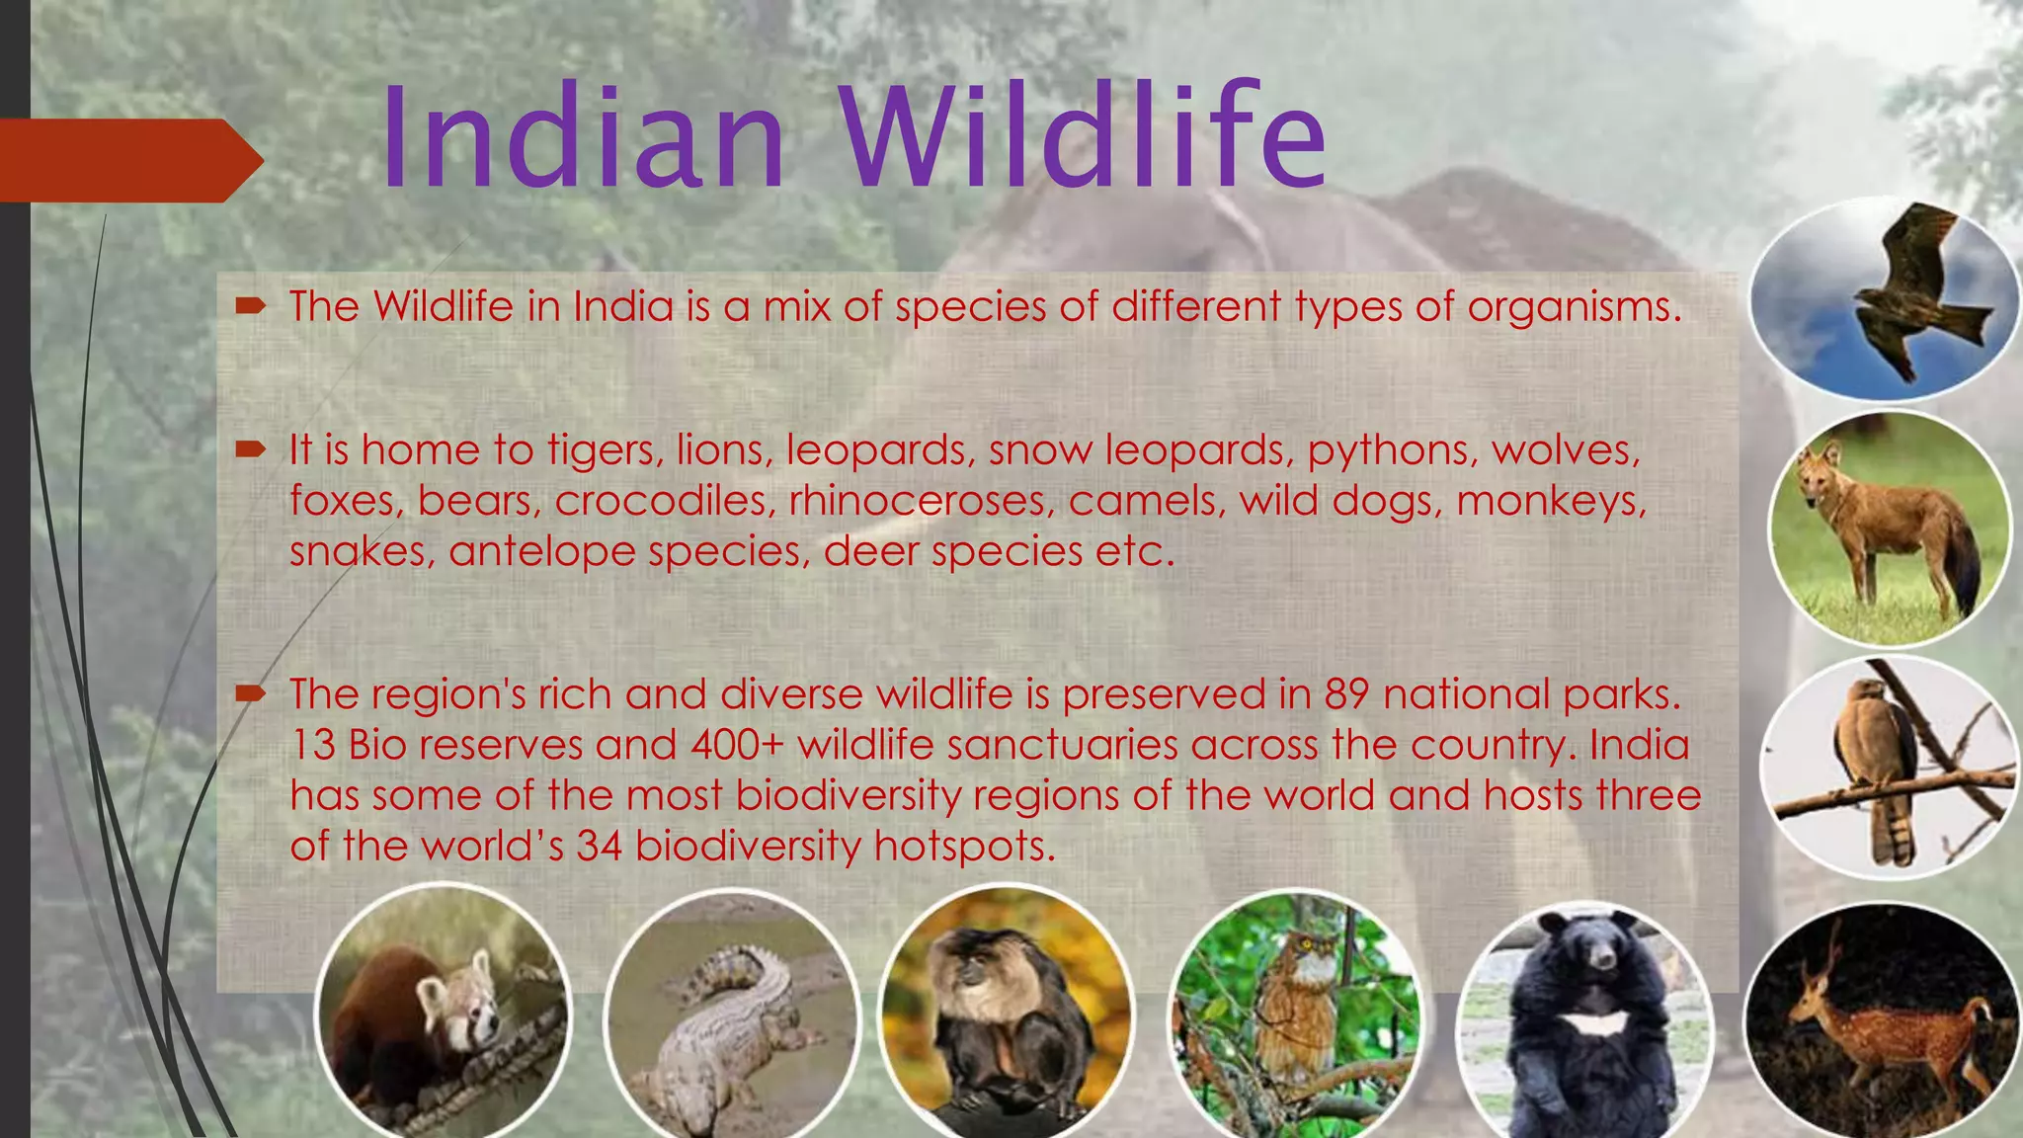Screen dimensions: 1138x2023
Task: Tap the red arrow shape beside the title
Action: (x=128, y=161)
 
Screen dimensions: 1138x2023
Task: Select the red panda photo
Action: (x=442, y=1017)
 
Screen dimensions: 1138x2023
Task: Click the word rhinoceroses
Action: (x=918, y=501)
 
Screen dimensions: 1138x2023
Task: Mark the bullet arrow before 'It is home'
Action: (x=251, y=450)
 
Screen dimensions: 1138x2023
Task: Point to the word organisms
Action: (x=1574, y=307)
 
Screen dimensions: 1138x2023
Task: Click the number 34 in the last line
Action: (x=599, y=846)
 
